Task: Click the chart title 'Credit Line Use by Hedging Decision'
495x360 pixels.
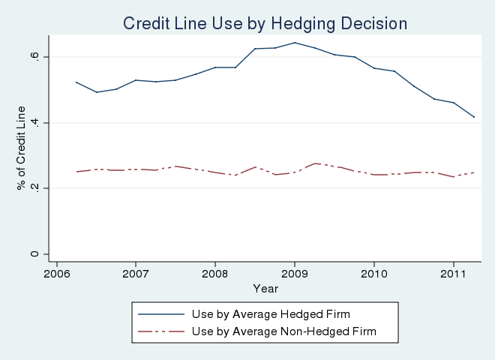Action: [x=265, y=23]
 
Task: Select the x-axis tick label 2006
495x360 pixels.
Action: [x=56, y=274]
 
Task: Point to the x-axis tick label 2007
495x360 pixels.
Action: [x=136, y=274]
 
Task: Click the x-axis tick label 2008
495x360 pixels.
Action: [x=215, y=274]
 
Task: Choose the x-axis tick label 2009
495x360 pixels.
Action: [x=295, y=274]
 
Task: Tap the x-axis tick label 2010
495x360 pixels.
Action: [x=374, y=274]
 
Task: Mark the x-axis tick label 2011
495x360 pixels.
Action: [x=454, y=274]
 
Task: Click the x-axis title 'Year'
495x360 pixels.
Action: [x=265, y=288]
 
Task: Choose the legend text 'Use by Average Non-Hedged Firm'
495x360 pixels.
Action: [x=283, y=330]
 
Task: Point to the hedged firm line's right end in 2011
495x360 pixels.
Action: [x=474, y=117]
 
